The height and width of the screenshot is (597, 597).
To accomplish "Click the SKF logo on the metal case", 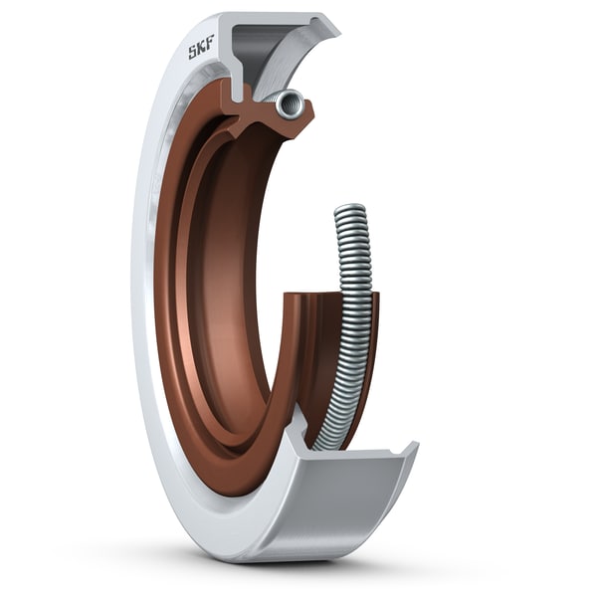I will pos(202,49).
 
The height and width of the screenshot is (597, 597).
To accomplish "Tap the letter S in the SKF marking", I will pos(193,53).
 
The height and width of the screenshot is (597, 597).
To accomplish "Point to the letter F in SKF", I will pos(212,45).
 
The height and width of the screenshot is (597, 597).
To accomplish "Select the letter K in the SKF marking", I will pos(202,49).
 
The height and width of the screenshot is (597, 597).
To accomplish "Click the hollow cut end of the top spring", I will pos(290,102).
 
